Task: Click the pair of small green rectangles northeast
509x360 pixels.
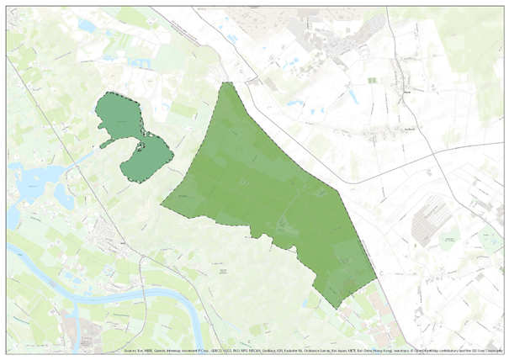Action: tap(372, 81)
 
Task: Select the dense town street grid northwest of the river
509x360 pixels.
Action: tap(114, 236)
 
